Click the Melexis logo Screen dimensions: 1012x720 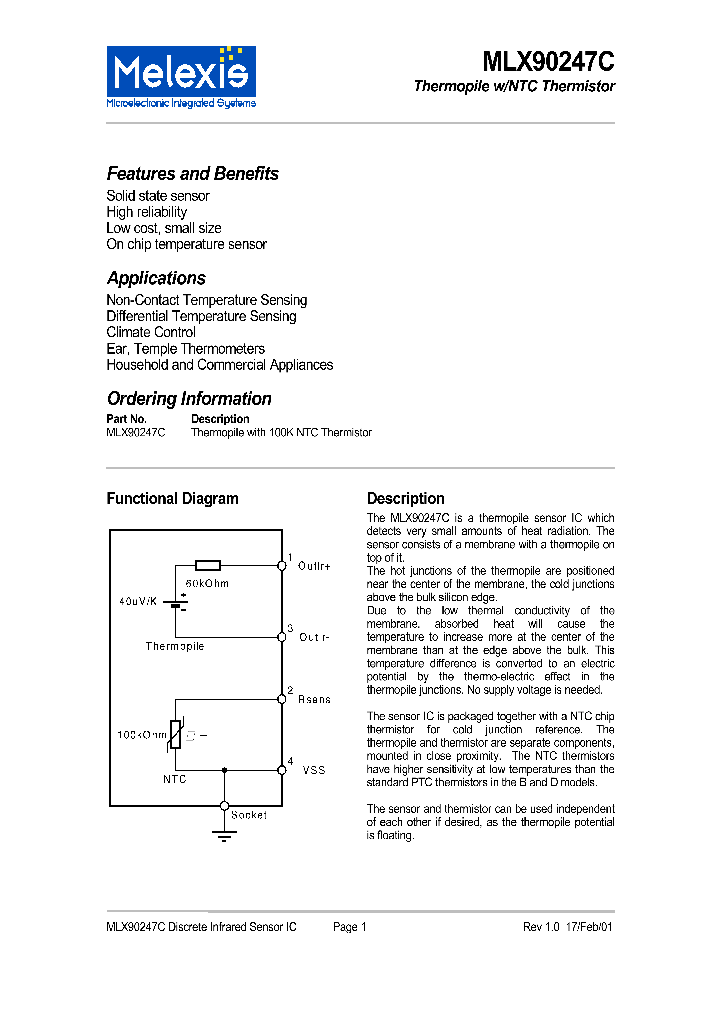[181, 76]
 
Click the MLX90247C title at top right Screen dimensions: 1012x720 [548, 62]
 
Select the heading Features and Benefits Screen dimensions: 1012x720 [192, 174]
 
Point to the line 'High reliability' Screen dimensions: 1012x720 [146, 212]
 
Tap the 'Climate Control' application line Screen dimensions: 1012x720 [151, 332]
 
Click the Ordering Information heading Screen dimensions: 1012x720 [189, 399]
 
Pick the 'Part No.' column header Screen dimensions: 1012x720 [126, 419]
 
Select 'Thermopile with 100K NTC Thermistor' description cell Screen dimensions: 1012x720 [281, 433]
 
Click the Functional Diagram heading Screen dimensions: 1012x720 [172, 499]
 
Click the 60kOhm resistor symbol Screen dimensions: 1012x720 [208, 565]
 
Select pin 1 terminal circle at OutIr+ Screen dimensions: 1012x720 [282, 565]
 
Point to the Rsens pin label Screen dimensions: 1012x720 [314, 700]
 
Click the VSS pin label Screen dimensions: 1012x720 [312, 770]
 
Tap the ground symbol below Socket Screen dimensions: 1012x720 [224, 835]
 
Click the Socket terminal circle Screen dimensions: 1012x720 [224, 805]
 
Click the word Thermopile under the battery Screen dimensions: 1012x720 [174, 647]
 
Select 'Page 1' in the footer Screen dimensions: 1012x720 [350, 927]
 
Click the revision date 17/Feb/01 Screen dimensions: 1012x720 [590, 927]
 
